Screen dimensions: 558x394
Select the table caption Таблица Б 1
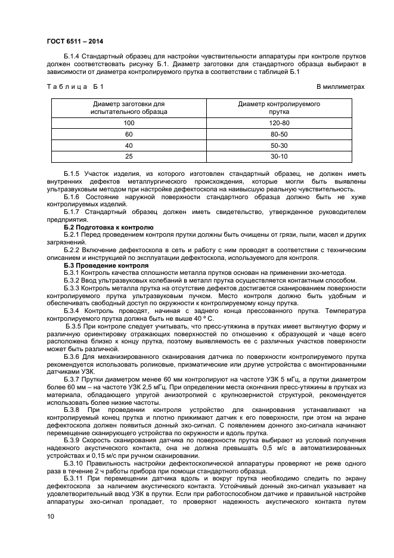[75, 87]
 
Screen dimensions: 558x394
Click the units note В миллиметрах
[340, 87]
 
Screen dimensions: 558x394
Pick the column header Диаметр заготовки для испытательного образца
[129, 107]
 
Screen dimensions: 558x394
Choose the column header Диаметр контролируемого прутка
[279, 107]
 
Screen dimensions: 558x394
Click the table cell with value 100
[129, 123]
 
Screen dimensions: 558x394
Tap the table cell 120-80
[279, 123]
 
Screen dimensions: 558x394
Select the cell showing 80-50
[279, 134]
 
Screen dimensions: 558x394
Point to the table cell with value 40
[129, 145]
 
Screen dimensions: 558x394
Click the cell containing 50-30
[279, 145]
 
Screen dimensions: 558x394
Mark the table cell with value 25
[129, 157]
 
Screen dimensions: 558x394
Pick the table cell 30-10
[279, 157]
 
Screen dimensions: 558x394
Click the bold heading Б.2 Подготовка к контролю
[108, 228]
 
